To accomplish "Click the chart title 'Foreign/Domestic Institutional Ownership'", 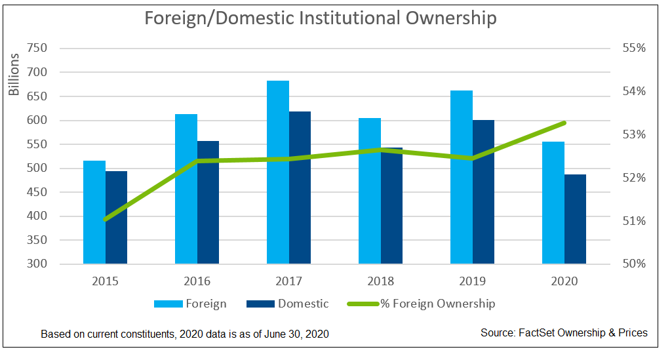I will point(320,18).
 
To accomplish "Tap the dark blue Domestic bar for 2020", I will point(575,219).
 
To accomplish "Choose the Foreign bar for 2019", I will point(462,177).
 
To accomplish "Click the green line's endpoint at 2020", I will point(564,123).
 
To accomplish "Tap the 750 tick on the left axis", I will point(37,49).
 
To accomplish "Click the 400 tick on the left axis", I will point(37,216).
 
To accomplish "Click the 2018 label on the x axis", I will point(380,281).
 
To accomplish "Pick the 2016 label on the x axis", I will point(197,281).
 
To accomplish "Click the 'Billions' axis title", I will point(14,75).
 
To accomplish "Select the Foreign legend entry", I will point(190,304).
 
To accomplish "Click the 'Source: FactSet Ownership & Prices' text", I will point(564,333).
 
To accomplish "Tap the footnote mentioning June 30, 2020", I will point(184,334).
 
